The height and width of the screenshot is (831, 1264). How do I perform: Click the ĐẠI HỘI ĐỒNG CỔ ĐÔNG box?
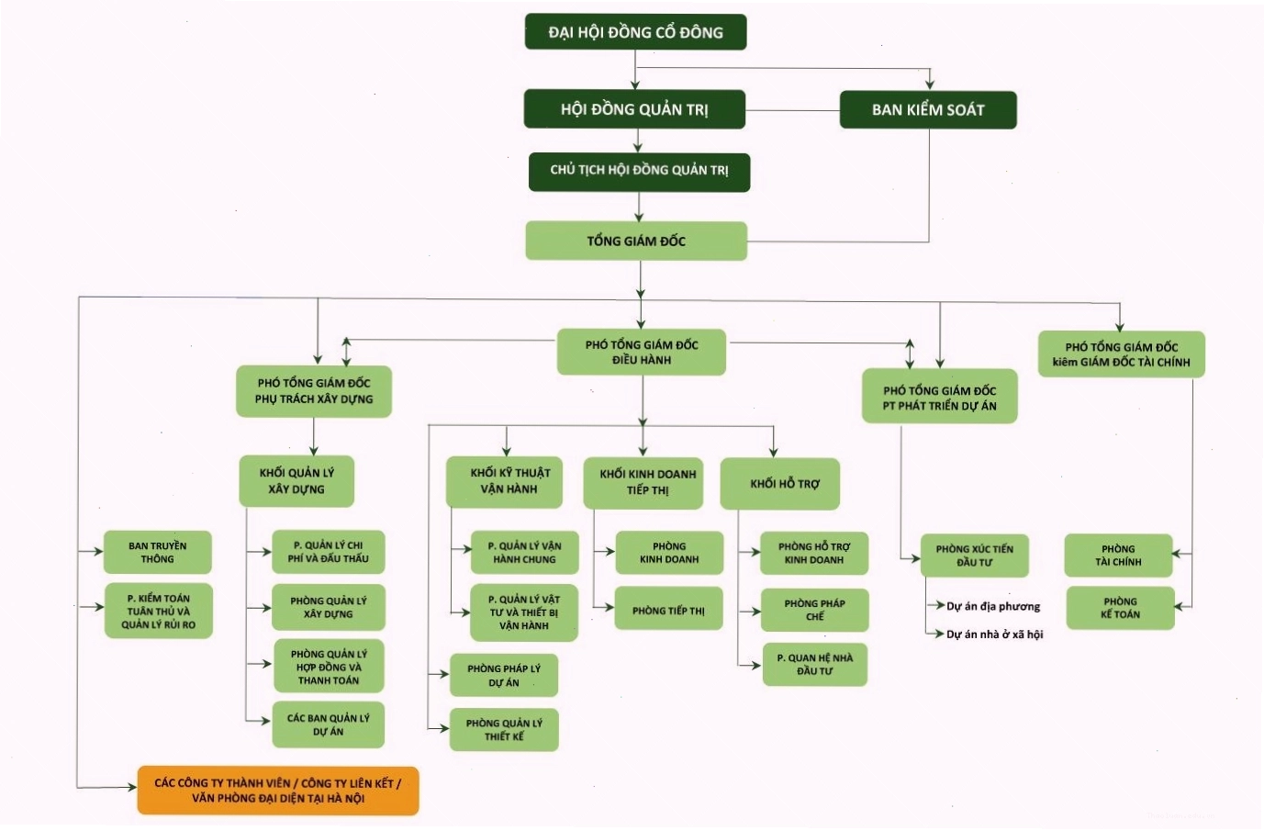[635, 32]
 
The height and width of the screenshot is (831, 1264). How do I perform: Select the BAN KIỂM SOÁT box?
[928, 110]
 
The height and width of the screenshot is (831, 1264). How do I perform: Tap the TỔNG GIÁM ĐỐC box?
[636, 241]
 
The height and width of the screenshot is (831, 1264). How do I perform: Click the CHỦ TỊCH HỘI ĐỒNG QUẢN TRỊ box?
[639, 173]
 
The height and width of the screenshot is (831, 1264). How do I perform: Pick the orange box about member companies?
[278, 791]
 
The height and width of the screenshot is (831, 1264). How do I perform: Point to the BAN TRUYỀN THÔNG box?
[158, 552]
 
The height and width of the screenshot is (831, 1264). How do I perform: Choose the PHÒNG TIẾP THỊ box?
[668, 608]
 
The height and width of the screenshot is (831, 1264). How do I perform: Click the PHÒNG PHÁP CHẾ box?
[815, 610]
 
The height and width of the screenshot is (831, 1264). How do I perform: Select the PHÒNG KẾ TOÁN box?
[1120, 608]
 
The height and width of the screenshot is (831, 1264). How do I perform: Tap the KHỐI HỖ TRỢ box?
[780, 484]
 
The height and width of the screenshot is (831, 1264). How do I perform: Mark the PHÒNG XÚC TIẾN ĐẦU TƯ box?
[975, 556]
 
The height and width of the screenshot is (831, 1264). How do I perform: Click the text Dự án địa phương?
[993, 606]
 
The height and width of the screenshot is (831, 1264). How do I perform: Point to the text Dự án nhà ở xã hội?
[994, 634]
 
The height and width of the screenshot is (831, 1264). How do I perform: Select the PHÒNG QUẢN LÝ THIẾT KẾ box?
[504, 729]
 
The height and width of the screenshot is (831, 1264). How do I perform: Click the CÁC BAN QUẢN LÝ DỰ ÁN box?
[329, 724]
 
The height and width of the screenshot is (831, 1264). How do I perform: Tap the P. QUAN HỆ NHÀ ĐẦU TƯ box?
[815, 665]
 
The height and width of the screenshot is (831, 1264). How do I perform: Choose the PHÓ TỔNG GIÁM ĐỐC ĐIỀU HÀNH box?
[642, 353]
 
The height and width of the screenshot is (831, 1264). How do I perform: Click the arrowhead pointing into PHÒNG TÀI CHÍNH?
[1177, 554]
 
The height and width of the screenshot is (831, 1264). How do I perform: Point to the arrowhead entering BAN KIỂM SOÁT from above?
[929, 84]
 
